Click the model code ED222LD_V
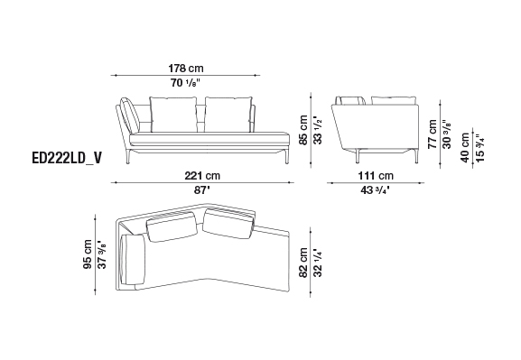click(67, 159)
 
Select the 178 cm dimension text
click(186, 69)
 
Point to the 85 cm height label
click(303, 130)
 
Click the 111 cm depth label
click(376, 175)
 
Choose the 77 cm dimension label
click(433, 134)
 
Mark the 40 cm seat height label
click(465, 147)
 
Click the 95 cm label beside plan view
click(88, 254)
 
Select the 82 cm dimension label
click(303, 263)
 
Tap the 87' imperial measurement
click(202, 190)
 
